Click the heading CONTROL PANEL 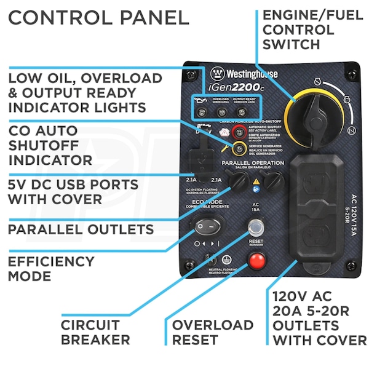tap(98, 17)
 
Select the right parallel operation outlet tap(276, 179)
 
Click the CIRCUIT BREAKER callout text tap(95, 332)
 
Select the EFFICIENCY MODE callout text tap(52, 269)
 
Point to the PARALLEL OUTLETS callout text tap(81, 229)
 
